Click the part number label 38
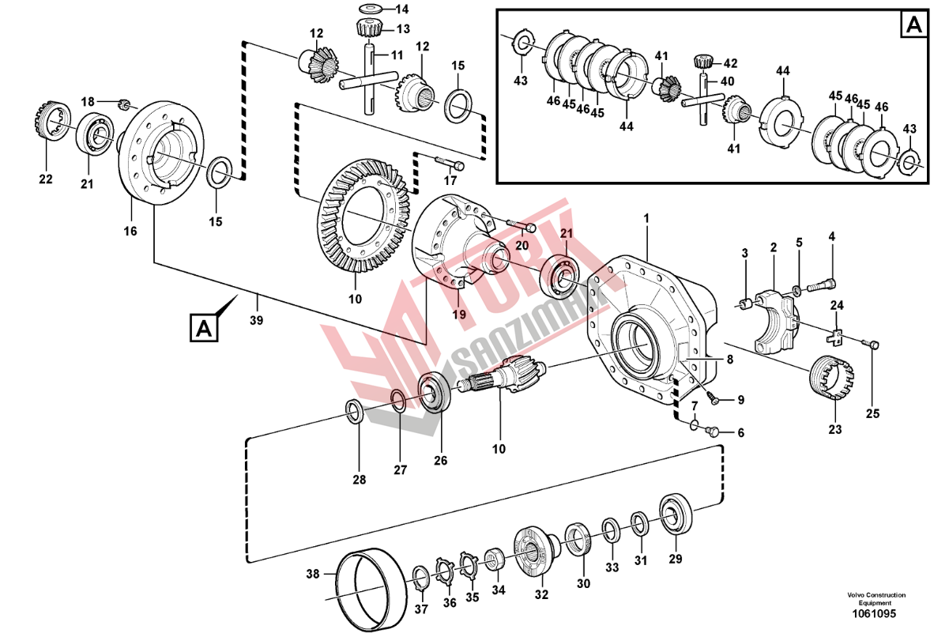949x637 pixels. [313, 575]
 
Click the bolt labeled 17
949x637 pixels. [447, 163]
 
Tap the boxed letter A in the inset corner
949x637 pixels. [912, 25]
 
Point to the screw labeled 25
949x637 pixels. [873, 344]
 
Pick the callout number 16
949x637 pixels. [130, 232]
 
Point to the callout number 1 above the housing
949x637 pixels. [646, 217]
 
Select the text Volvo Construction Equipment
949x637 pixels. [875, 599]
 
